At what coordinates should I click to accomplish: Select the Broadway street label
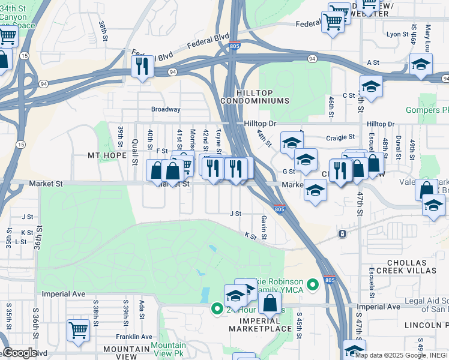click(165, 109)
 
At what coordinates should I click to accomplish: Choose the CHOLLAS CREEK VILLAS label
click(414, 268)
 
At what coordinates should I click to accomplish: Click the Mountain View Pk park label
click(168, 349)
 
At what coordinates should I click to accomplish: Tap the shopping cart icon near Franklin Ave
click(79, 330)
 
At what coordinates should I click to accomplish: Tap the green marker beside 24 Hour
click(217, 309)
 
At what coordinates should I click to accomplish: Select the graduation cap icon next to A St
click(421, 64)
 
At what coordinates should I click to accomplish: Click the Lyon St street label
click(397, 35)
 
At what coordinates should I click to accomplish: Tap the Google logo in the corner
click(19, 353)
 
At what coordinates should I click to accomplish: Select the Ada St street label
click(142, 311)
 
